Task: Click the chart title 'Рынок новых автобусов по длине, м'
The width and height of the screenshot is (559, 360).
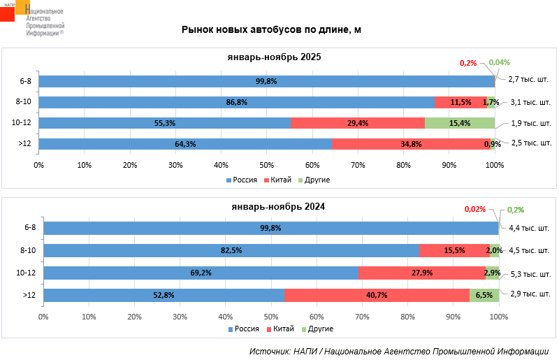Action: (x=271, y=29)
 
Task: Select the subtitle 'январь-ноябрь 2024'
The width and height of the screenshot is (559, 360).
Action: (x=278, y=207)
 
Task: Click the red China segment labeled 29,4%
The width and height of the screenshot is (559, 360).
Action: (x=357, y=123)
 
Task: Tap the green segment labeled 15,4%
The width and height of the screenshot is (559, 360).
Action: (x=459, y=123)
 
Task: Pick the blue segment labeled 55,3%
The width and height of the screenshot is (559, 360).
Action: (x=164, y=123)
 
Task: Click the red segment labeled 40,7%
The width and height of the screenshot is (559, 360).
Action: (x=377, y=295)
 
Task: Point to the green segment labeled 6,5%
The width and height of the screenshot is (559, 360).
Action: (x=484, y=295)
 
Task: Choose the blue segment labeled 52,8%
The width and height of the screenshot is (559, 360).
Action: (x=164, y=295)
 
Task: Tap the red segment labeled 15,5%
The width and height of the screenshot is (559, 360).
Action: (x=453, y=250)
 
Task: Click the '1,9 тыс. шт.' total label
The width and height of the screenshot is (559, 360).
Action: (x=530, y=123)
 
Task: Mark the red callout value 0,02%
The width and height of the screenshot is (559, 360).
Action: (x=474, y=209)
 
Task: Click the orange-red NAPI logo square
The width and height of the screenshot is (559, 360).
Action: (x=8, y=13)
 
